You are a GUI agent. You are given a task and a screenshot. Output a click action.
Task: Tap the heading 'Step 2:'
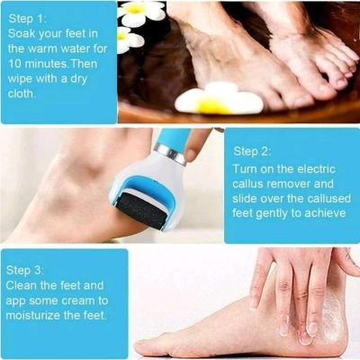254,150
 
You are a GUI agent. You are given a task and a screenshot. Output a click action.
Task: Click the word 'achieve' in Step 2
321,213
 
